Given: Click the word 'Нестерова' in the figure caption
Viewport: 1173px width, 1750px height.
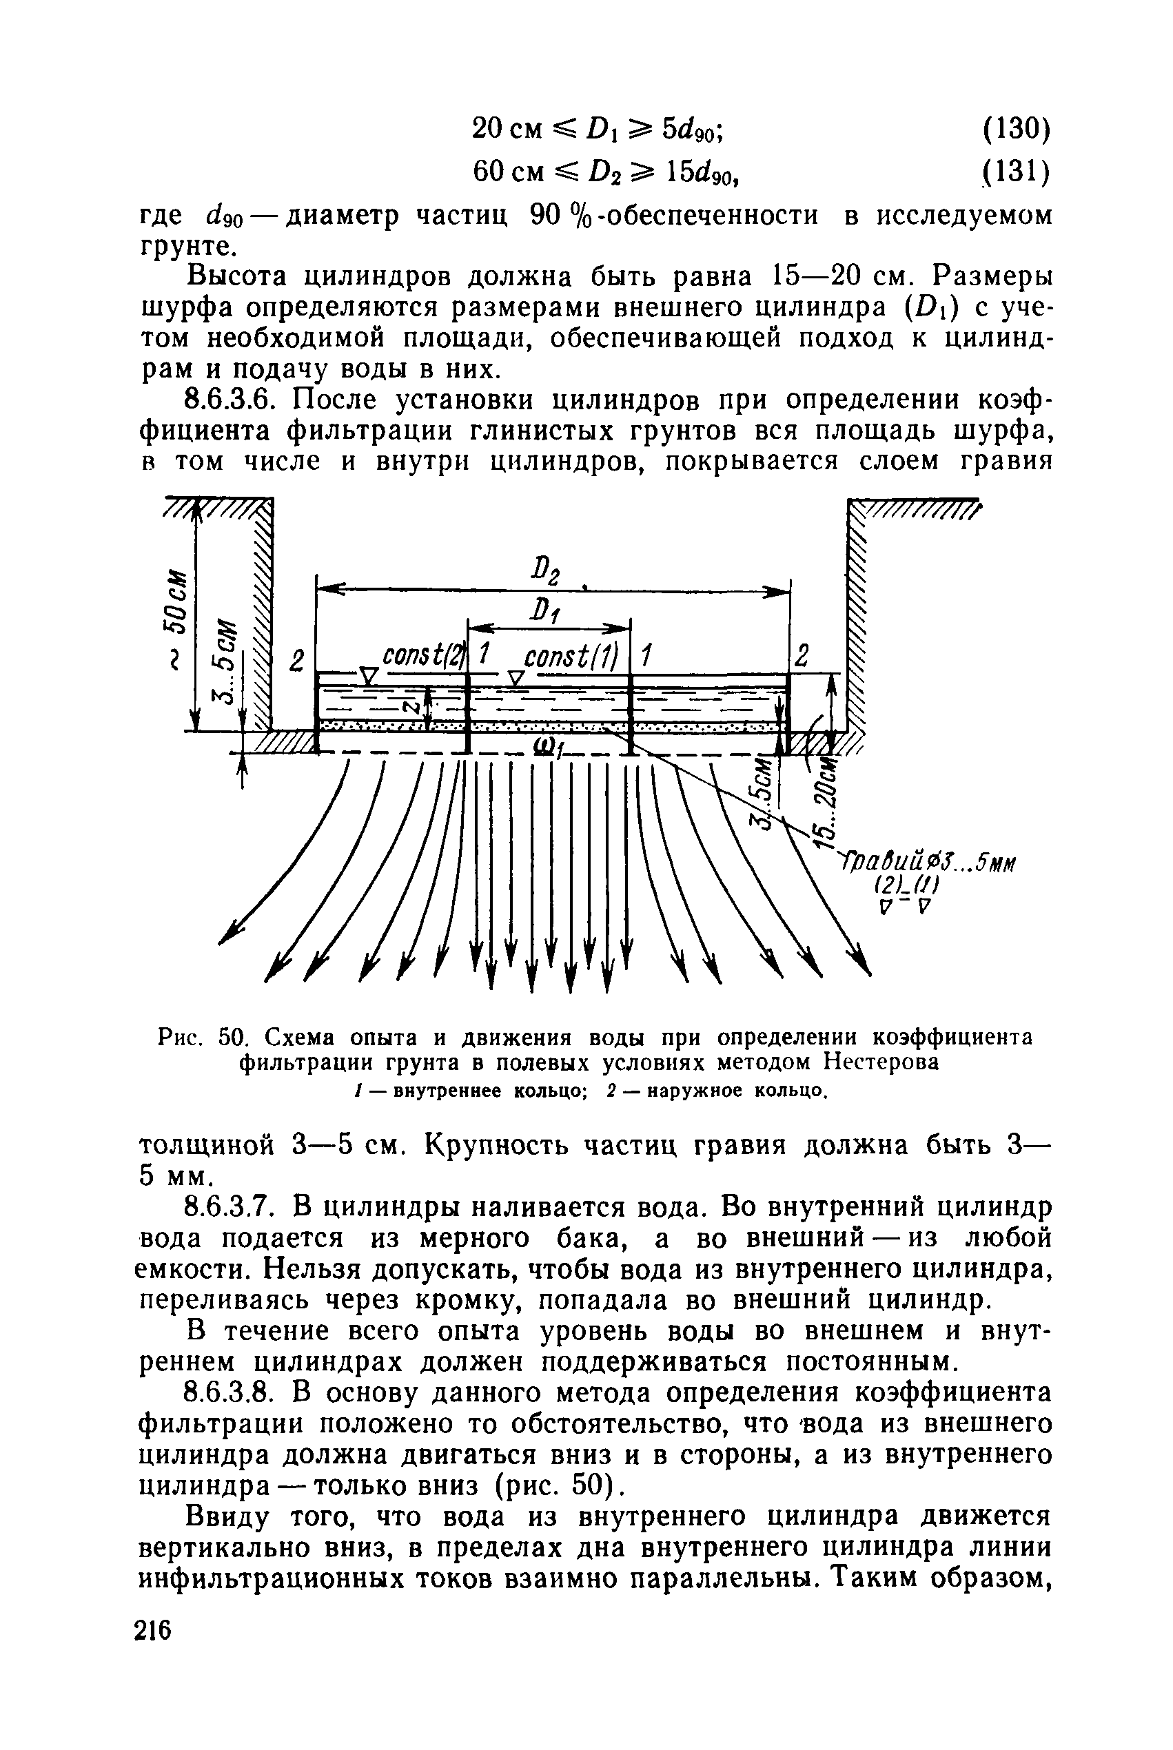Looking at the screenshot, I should coord(881,1062).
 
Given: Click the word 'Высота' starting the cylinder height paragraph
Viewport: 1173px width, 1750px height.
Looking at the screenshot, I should coord(235,277).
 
